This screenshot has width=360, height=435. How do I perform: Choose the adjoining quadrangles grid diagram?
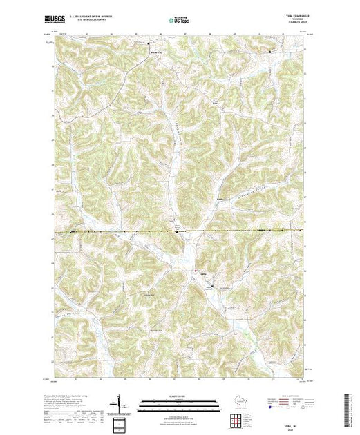(238, 418)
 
